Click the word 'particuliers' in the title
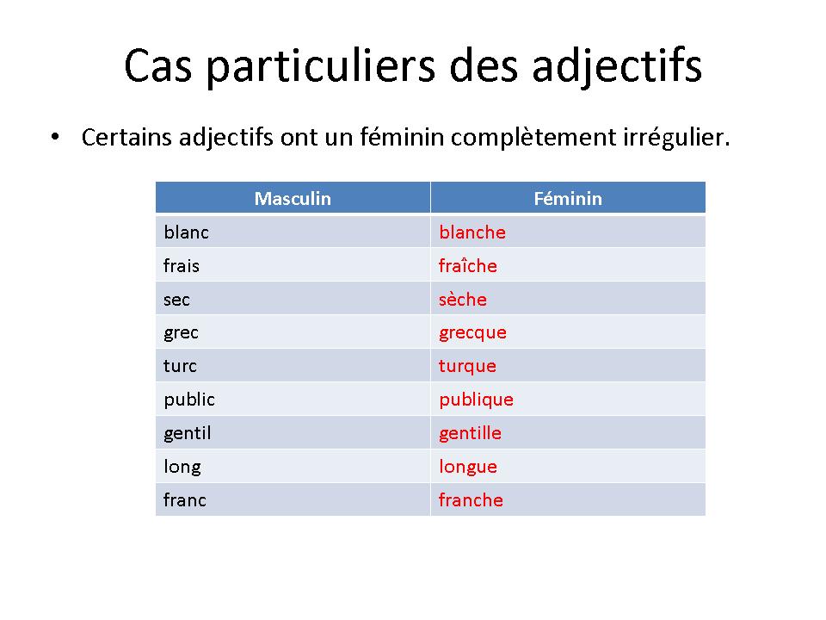click(321, 66)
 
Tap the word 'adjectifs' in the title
click(617, 66)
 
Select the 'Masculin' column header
click(293, 199)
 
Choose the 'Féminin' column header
click(568, 199)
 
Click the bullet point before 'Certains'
click(55, 137)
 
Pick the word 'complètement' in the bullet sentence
click(533, 138)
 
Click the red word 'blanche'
click(472, 232)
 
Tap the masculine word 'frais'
click(182, 266)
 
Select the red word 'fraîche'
click(468, 265)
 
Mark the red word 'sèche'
click(463, 300)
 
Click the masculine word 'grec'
click(182, 333)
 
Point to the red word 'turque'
click(467, 366)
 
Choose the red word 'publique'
click(476, 400)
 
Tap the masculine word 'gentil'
click(187, 433)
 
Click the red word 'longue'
click(468, 467)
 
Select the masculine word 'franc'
click(184, 499)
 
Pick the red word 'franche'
click(471, 499)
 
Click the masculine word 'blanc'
click(186, 232)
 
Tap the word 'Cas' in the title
click(158, 66)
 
